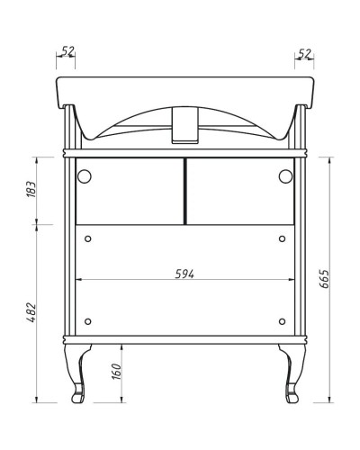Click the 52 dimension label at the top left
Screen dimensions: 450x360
(66, 53)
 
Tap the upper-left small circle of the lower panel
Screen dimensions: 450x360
(88, 238)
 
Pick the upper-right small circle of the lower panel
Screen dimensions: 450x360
(282, 238)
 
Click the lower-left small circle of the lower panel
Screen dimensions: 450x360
(88, 321)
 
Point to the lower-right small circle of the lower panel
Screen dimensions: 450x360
(282, 321)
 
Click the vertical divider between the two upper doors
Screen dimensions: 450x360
(184, 191)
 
